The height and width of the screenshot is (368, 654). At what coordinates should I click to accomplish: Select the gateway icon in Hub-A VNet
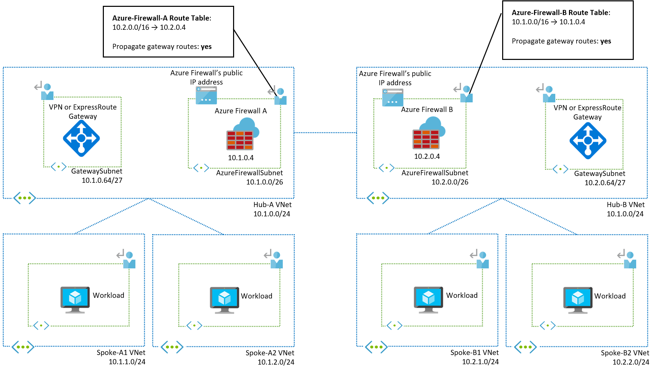tap(81, 138)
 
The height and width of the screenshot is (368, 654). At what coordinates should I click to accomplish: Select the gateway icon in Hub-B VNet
tap(588, 141)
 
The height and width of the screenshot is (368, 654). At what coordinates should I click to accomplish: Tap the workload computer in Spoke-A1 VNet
tap(75, 300)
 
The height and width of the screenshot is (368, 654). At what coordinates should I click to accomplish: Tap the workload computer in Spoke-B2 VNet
tap(578, 300)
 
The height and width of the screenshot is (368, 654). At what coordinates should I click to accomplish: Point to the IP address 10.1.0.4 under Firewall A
tap(241, 158)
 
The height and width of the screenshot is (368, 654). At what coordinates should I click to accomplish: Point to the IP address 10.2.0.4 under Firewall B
tap(427, 156)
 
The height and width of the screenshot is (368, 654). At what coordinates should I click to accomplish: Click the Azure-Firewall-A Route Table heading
tap(161, 18)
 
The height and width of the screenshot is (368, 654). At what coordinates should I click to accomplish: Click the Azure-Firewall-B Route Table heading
tap(561, 13)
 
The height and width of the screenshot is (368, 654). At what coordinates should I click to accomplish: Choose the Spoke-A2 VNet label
tap(270, 353)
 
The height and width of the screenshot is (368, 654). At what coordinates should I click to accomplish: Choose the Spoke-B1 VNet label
tap(474, 353)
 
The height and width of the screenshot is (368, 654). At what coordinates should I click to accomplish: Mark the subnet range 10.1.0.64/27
tap(102, 180)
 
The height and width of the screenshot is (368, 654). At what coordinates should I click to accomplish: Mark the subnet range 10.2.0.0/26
tap(450, 182)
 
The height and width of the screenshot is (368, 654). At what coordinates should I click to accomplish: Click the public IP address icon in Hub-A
tap(206, 95)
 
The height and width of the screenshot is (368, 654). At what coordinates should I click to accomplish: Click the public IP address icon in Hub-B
tap(393, 97)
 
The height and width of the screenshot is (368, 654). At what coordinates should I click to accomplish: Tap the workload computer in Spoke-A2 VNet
tap(225, 300)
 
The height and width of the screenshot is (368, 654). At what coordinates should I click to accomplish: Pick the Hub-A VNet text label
tap(272, 205)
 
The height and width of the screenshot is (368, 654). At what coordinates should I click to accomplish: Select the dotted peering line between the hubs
tap(325, 132)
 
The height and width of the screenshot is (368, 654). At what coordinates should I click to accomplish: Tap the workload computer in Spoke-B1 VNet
tap(428, 300)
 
